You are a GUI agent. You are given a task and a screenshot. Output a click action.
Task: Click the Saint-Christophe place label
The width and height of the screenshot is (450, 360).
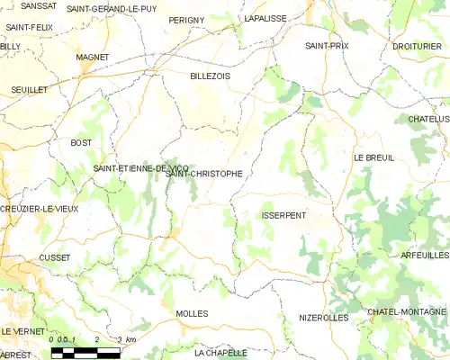click(x=204, y=174)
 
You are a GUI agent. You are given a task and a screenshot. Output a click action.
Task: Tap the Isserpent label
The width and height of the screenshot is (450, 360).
click(x=283, y=216)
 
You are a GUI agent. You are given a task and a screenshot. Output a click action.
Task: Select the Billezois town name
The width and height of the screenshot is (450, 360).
click(x=211, y=76)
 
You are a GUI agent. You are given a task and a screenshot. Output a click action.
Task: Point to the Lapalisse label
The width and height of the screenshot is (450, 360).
click(x=265, y=18)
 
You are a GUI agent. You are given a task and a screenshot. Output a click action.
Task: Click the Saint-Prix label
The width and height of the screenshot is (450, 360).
click(x=327, y=45)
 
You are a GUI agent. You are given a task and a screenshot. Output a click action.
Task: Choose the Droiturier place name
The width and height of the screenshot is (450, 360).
click(x=417, y=45)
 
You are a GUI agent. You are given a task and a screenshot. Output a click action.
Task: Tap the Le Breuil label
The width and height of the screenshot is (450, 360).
click(x=373, y=157)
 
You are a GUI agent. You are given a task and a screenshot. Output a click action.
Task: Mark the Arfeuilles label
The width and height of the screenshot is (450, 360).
click(x=425, y=256)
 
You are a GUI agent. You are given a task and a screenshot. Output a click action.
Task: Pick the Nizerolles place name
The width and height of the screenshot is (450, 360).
click(x=323, y=318)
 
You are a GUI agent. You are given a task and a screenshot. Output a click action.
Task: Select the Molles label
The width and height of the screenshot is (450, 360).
click(x=193, y=313)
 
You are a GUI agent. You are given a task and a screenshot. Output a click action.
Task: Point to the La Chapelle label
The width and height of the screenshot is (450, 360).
click(x=220, y=353)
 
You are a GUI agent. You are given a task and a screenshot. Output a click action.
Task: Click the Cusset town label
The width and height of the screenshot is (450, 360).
click(x=55, y=256)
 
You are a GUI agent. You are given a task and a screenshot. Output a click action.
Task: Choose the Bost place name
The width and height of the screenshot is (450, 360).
click(x=81, y=143)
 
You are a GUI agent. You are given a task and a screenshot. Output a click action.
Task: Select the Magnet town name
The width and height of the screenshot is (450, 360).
click(x=93, y=57)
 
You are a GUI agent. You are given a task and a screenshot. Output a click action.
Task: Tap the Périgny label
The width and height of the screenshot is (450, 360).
click(x=187, y=19)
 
